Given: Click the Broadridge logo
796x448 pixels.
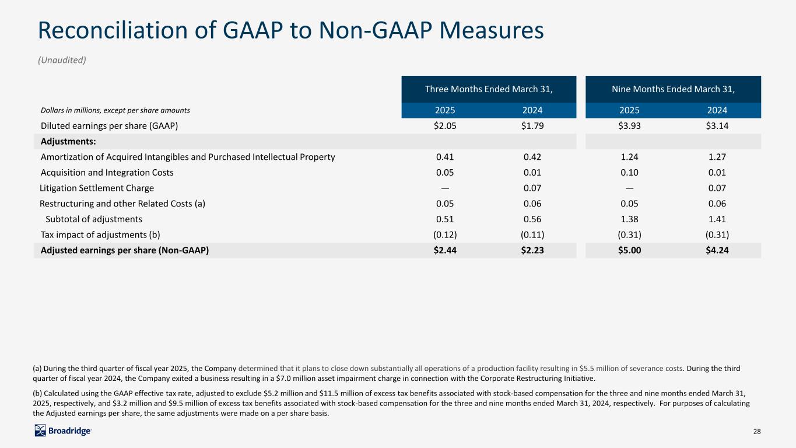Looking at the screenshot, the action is click(x=63, y=430).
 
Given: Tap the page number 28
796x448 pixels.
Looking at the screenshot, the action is click(x=757, y=431).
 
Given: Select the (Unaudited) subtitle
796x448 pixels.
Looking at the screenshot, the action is click(x=62, y=60).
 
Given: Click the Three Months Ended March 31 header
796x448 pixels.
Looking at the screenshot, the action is click(x=489, y=89).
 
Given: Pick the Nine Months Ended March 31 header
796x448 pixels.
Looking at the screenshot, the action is click(x=673, y=89).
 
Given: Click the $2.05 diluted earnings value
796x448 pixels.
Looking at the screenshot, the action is click(x=445, y=126).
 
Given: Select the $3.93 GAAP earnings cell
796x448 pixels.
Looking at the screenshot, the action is click(x=629, y=126).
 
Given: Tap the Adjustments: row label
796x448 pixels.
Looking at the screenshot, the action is click(x=68, y=142).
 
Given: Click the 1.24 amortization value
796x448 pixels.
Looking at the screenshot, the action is click(x=629, y=157).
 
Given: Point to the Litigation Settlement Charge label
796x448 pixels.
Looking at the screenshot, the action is click(x=97, y=188).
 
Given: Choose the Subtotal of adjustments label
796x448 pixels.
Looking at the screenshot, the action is click(x=94, y=219).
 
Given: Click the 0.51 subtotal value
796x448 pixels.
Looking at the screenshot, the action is click(x=445, y=219).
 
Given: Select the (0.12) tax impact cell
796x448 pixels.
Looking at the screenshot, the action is click(x=445, y=235).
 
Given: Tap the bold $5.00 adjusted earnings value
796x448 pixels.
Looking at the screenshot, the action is click(x=629, y=250).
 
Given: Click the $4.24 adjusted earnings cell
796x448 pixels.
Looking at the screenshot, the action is click(x=717, y=250).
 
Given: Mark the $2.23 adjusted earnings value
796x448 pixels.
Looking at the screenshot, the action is click(x=532, y=250).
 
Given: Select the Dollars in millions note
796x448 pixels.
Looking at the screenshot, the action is click(x=115, y=110).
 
